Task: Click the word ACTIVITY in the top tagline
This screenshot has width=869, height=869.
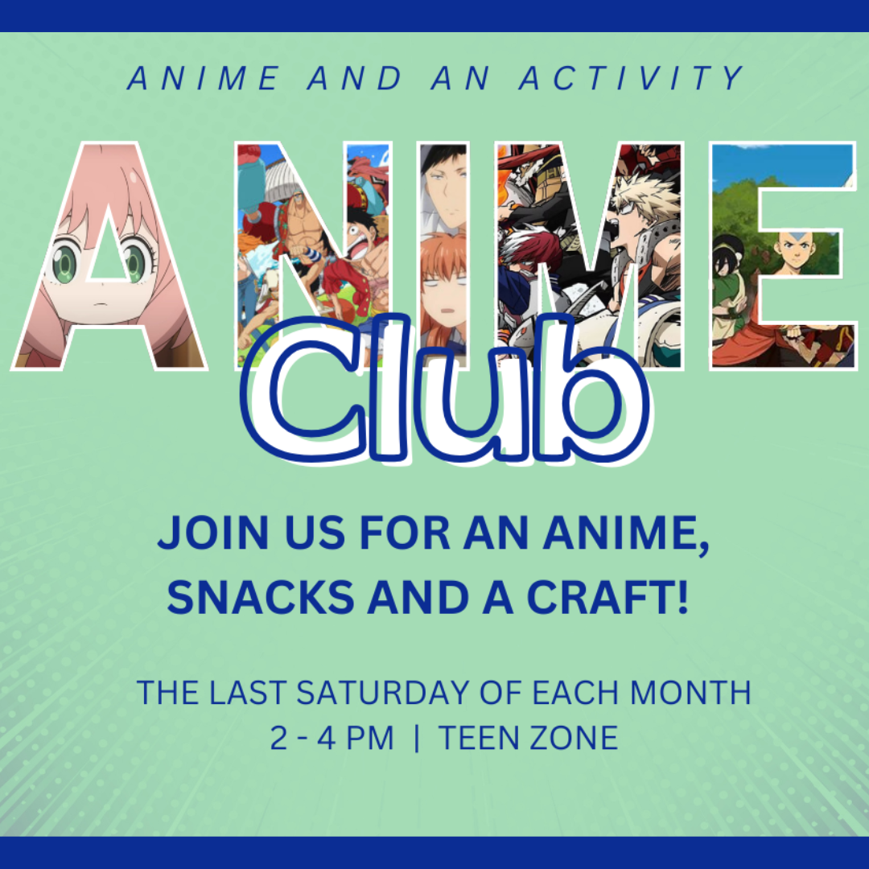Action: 632,79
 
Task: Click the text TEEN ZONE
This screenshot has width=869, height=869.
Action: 528,739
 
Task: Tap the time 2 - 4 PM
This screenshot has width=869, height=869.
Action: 332,739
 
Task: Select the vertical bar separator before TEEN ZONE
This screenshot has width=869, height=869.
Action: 416,739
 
